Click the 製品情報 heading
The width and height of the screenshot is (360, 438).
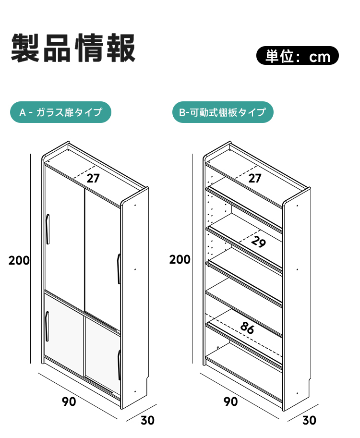73,48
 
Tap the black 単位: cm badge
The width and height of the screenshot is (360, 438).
298,56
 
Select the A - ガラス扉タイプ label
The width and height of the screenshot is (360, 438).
60,112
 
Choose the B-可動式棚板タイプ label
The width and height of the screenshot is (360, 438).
223,112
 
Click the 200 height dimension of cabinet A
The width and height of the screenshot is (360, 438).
19,260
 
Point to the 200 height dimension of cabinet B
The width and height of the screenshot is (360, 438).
180,259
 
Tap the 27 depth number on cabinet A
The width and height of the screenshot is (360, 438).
93,178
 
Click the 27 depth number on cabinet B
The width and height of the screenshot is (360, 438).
255,178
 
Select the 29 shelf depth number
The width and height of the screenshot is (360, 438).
258,242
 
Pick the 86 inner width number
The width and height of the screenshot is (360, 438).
247,328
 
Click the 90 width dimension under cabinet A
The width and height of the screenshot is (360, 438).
69,401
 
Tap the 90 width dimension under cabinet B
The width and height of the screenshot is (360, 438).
231,401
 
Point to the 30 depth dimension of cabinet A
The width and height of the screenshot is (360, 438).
147,420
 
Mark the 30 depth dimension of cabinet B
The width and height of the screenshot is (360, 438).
309,420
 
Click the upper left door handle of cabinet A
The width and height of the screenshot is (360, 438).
48,229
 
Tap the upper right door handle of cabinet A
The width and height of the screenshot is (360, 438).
119,269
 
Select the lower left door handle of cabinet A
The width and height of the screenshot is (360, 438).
47,326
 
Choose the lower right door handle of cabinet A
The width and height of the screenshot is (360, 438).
119,365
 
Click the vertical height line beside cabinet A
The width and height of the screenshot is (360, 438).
30,258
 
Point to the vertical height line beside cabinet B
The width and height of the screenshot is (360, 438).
192,258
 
